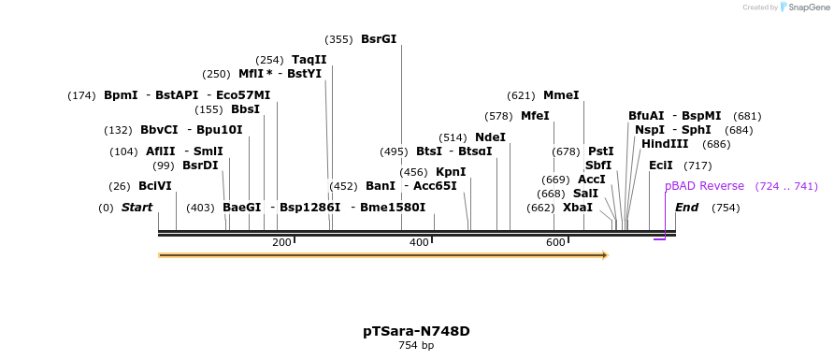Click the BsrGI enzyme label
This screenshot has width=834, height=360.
click(379, 39)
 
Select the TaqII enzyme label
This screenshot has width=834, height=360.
click(309, 60)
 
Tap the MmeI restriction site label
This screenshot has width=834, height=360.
click(561, 95)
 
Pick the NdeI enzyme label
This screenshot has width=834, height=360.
click(490, 137)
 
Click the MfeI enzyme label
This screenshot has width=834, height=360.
click(535, 116)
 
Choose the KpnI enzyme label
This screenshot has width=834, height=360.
click(451, 172)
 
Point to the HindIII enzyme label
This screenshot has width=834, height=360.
click(665, 144)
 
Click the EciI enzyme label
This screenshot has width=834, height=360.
click(660, 166)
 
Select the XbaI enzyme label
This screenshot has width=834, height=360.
click(577, 208)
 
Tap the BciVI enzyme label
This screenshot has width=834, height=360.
click(155, 186)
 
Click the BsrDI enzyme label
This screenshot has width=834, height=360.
click(200, 166)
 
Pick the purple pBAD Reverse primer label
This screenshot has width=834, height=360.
click(704, 186)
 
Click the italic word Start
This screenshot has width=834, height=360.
click(137, 208)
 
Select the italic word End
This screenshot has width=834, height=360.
click(686, 208)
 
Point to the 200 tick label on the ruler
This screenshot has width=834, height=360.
click(281, 243)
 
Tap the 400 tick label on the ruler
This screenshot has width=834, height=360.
click(419, 243)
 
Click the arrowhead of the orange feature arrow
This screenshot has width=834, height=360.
click(605, 255)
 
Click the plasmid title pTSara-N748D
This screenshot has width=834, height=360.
click(416, 331)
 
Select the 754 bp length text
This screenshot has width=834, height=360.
click(416, 346)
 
